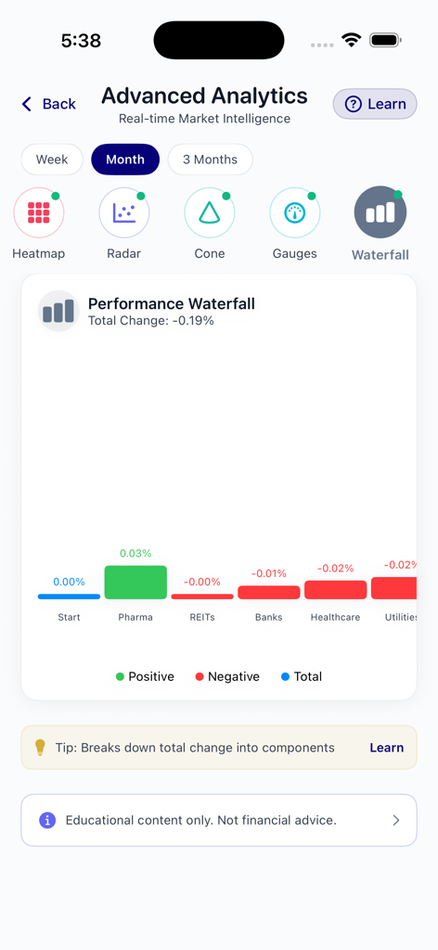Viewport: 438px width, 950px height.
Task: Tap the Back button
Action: pyautogui.click(x=49, y=104)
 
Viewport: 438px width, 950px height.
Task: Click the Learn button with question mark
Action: pyautogui.click(x=376, y=104)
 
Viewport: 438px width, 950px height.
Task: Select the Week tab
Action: pyautogui.click(x=52, y=160)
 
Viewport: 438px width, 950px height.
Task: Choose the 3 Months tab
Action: pyautogui.click(x=210, y=160)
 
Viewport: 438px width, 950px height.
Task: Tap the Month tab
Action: pyautogui.click(x=125, y=160)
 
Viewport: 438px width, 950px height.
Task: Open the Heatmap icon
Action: pyautogui.click(x=38, y=212)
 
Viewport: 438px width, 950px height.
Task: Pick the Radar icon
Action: pyautogui.click(x=124, y=212)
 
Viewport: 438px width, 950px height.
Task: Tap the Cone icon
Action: pyautogui.click(x=210, y=212)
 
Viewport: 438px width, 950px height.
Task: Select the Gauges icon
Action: pyautogui.click(x=295, y=212)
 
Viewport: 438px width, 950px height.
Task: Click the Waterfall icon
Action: pyautogui.click(x=380, y=212)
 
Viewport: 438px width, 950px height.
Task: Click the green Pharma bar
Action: pyautogui.click(x=135, y=582)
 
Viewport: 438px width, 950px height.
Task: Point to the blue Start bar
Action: pyautogui.click(x=69, y=597)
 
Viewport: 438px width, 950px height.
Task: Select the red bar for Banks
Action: pyautogui.click(x=269, y=592)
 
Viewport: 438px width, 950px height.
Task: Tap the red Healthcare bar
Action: pyautogui.click(x=336, y=589)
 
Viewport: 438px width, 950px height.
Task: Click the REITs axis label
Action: pyautogui.click(x=202, y=617)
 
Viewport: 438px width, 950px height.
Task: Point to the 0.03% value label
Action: pyautogui.click(x=135, y=554)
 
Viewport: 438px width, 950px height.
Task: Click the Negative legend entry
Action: pyautogui.click(x=227, y=677)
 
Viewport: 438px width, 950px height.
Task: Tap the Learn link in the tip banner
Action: pyautogui.click(x=387, y=748)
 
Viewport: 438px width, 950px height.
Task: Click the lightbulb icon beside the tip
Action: pyautogui.click(x=40, y=747)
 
